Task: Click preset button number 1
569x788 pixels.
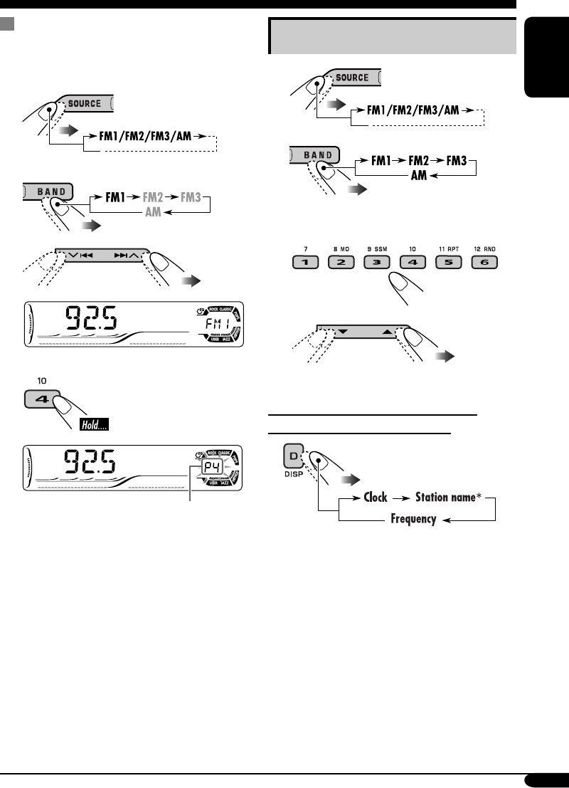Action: coord(302,262)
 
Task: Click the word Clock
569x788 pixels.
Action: coord(375,497)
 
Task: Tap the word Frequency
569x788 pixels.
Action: coord(413,519)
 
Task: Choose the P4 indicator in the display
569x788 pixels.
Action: coord(211,468)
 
